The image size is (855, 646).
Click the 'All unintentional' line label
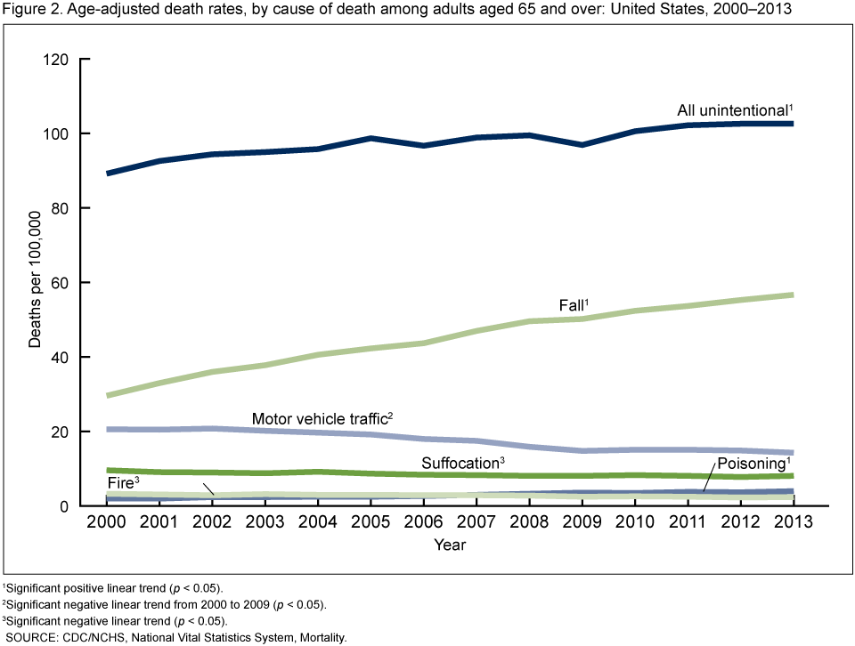733,110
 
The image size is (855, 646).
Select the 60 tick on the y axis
61,283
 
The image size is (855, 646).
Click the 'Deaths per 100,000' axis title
33,283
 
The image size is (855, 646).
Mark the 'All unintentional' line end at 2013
791,124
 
